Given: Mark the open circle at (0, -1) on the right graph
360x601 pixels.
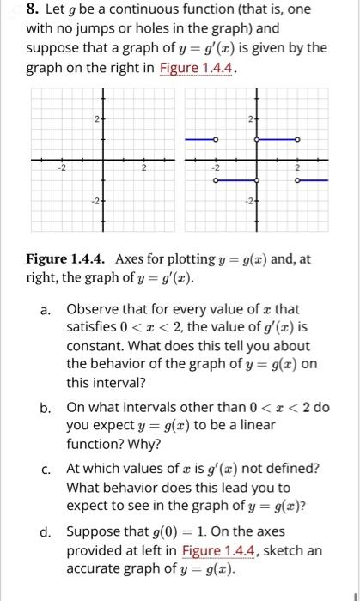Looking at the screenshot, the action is click(256, 180).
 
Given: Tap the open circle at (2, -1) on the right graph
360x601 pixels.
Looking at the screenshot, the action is click(297, 180).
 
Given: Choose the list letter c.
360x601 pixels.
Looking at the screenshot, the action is click(49, 469).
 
